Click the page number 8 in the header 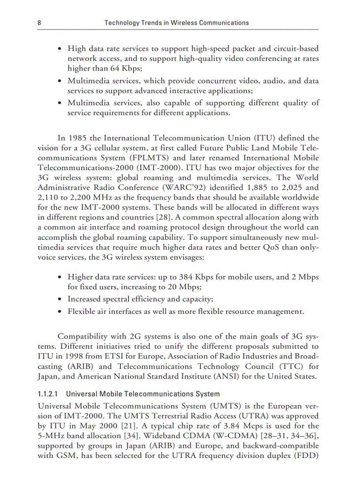tap(39, 22)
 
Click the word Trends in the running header tap(150, 22)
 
